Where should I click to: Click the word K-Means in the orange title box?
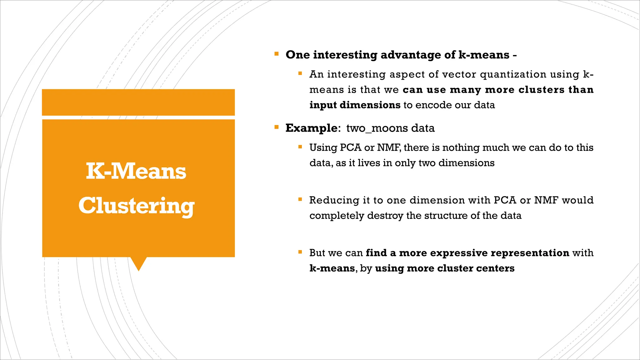[x=136, y=171]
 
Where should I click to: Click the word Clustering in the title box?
[x=136, y=206]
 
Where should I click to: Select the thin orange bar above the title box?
[x=138, y=102]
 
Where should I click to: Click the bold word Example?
[x=311, y=128]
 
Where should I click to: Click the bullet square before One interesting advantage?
[x=276, y=54]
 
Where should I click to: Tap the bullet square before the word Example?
[x=276, y=127]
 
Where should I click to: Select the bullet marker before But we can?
[x=300, y=252]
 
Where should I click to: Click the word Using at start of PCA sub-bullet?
[x=323, y=147]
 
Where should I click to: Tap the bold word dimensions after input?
[x=370, y=105]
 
